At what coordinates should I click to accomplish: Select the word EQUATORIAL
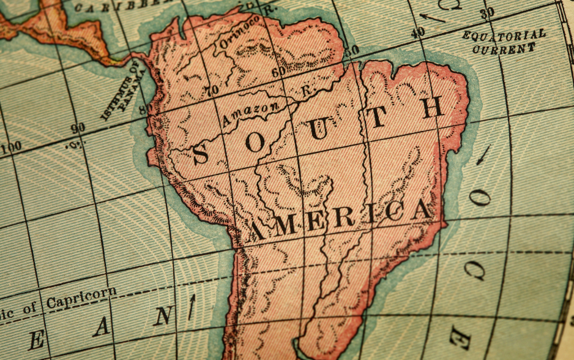(504, 36)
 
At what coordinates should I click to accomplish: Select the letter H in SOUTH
(433, 108)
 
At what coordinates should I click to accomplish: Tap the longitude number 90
(78, 129)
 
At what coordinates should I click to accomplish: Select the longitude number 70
(212, 91)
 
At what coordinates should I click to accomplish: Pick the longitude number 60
(278, 72)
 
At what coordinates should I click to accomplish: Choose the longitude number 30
(487, 13)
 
